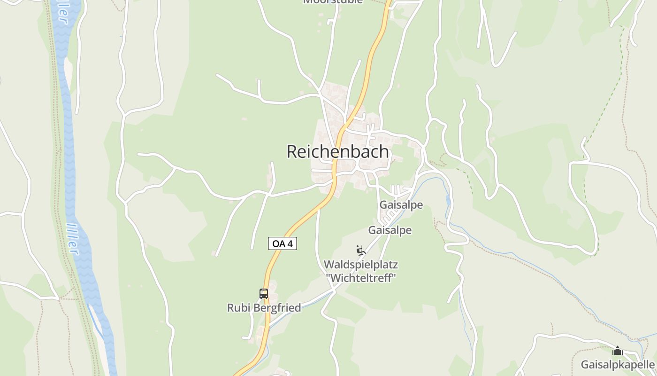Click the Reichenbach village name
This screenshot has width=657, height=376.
pos(337,152)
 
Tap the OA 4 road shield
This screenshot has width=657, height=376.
pos(283,243)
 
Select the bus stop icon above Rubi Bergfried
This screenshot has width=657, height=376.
pos(264,294)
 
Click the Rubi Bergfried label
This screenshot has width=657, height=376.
pos(264,308)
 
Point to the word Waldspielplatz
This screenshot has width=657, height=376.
pos(360,265)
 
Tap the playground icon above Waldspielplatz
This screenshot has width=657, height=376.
pos(360,251)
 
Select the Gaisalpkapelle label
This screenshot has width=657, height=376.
pos(618,365)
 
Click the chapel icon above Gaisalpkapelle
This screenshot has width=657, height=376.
pos(618,351)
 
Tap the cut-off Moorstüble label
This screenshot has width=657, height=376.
pos(333,1)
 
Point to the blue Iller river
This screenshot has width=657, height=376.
pos(69,141)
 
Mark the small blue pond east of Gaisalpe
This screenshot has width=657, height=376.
pos(449,201)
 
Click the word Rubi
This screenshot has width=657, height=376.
pos(237,308)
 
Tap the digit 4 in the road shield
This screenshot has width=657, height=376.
pos(290,243)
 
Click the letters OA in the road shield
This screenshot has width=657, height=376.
pos(278,243)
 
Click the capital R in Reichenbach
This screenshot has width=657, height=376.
pos(291,152)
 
